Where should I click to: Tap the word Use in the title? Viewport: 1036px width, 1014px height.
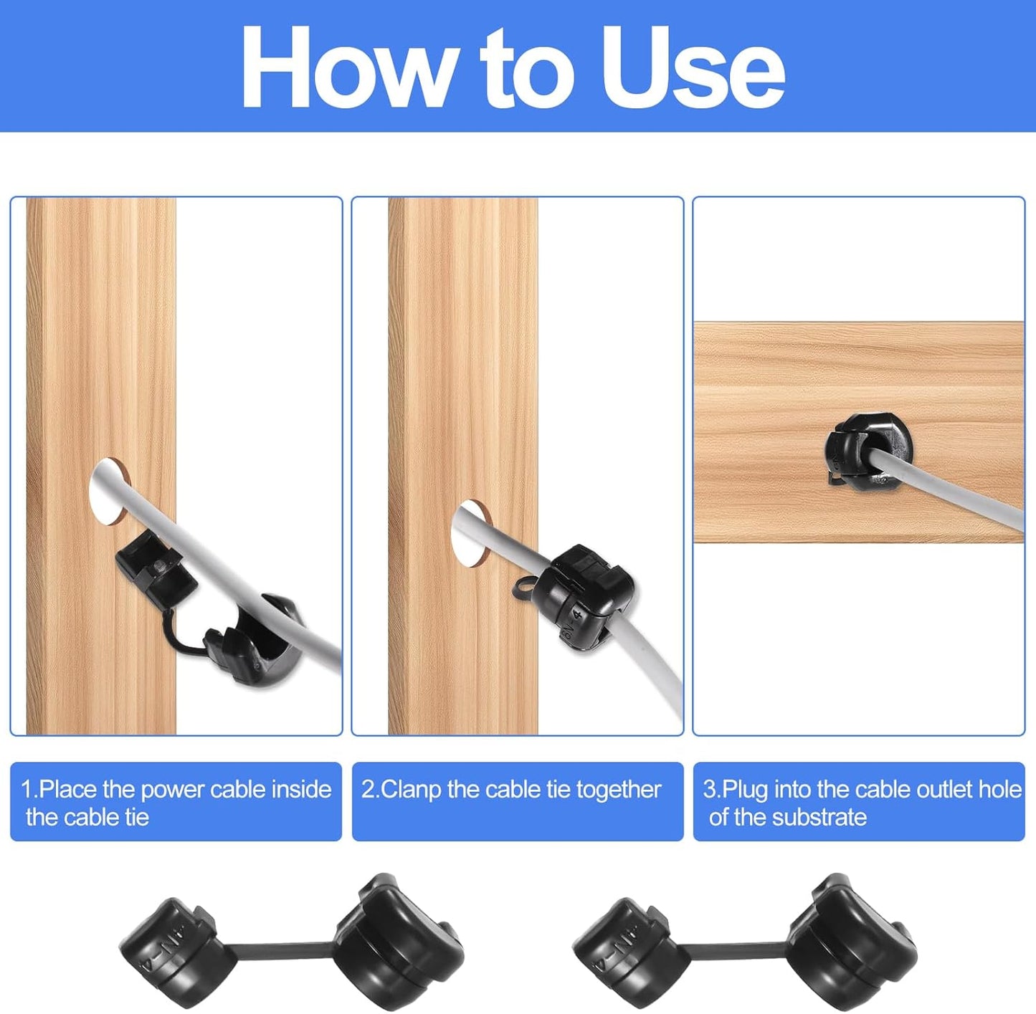pos(693,68)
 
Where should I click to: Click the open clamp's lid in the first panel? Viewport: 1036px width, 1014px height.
pos(155,564)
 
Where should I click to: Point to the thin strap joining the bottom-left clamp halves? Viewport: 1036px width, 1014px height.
pos(282,950)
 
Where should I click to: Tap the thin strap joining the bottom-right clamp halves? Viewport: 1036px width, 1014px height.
pos(738,950)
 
